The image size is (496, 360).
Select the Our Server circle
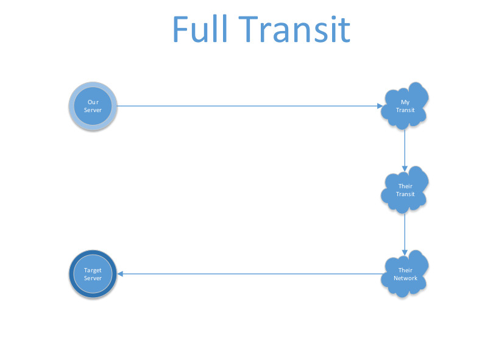(x=93, y=106)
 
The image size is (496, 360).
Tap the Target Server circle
(x=93, y=274)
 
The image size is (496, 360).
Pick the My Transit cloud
(x=405, y=106)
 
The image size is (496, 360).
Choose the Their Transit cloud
(x=405, y=190)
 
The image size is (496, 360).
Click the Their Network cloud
(x=405, y=274)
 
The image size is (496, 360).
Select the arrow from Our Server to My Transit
(x=244, y=106)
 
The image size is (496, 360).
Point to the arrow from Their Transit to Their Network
(x=405, y=231)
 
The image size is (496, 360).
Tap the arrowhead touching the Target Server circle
(x=121, y=274)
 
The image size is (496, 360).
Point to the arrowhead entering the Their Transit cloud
(x=405, y=168)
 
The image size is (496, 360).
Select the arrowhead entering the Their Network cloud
(x=405, y=252)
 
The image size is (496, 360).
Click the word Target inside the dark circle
(x=93, y=270)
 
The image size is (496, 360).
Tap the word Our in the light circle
(x=93, y=102)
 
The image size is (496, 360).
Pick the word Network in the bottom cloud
(x=405, y=278)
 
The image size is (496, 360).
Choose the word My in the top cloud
(x=405, y=102)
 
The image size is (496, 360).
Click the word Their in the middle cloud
(x=405, y=186)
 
